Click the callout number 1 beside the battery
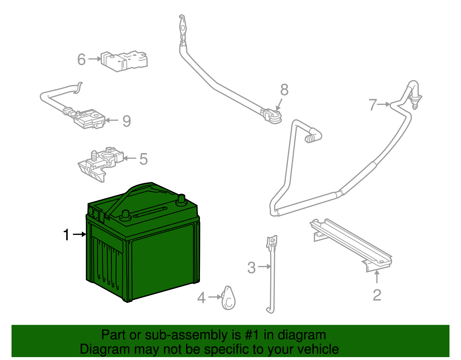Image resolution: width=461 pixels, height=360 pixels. pyautogui.click(x=67, y=235)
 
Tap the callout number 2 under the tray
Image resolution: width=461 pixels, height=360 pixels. pyautogui.click(x=377, y=295)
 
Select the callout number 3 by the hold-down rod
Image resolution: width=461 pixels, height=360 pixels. pyautogui.click(x=252, y=268)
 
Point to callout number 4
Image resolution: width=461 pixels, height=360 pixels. pyautogui.click(x=201, y=298)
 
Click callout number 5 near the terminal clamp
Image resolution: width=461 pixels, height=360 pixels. pyautogui.click(x=143, y=159)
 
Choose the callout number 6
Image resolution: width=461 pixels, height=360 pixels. pyautogui.click(x=82, y=60)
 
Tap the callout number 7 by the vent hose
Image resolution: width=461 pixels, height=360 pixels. pyautogui.click(x=373, y=105)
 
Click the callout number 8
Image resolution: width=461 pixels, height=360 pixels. pyautogui.click(x=284, y=90)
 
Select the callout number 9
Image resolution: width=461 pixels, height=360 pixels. pyautogui.click(x=126, y=121)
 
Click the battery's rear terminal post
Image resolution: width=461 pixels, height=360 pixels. pyautogui.click(x=181, y=199)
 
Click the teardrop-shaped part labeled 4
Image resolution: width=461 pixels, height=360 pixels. pyautogui.click(x=228, y=298)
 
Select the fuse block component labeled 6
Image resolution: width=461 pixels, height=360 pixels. pyautogui.click(x=124, y=61)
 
